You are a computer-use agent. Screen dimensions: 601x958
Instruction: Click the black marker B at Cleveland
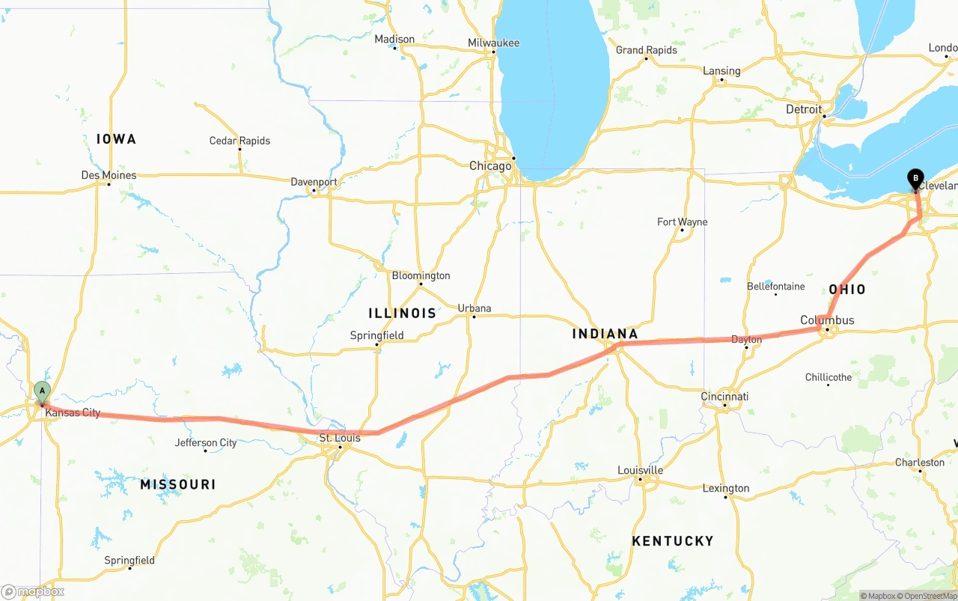click(x=915, y=179)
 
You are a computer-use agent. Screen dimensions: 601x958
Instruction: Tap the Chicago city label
click(x=490, y=165)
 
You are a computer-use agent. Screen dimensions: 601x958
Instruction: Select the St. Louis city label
click(x=339, y=438)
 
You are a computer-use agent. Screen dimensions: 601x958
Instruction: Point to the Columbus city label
click(x=827, y=320)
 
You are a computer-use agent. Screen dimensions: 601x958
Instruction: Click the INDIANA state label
click(x=605, y=334)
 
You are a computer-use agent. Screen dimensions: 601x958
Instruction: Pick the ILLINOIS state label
click(x=402, y=313)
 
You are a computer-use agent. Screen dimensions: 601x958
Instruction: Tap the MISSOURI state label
click(x=177, y=484)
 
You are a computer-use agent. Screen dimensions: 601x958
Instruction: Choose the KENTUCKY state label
click(x=672, y=540)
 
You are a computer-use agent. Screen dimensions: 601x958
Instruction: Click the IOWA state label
click(x=116, y=139)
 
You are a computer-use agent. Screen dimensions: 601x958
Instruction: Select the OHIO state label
click(x=846, y=290)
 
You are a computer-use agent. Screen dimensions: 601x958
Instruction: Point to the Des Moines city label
click(x=109, y=175)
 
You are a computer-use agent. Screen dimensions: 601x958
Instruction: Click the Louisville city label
click(x=640, y=470)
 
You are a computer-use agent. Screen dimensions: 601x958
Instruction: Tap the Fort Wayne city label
click(x=682, y=222)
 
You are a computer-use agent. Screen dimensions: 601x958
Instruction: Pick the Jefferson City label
click(x=206, y=442)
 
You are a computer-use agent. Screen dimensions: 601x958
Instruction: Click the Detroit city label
click(x=804, y=109)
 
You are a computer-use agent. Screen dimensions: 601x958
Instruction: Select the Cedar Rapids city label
click(x=239, y=141)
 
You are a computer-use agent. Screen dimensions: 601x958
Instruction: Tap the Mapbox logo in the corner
click(x=33, y=591)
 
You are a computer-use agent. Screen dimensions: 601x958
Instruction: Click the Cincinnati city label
click(x=724, y=396)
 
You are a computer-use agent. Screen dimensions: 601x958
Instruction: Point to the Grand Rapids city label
click(x=646, y=50)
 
